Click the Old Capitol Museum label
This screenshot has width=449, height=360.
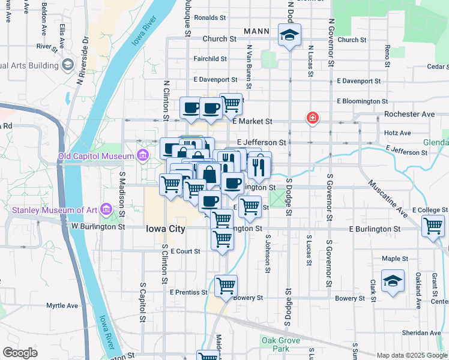pos(96,157)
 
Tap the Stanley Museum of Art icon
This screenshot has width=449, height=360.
pos(107,209)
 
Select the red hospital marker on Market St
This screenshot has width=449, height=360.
pos(312,118)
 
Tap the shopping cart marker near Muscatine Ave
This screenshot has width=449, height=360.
pos(433,226)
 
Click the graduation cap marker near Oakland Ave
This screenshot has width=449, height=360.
pos(393,281)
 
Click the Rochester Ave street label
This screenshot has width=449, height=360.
pos(409,114)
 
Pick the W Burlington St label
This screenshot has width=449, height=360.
pos(98,227)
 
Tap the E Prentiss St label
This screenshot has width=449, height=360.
pos(188,292)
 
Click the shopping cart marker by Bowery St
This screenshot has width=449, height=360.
pos(226,286)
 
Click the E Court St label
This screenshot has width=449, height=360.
pos(185,251)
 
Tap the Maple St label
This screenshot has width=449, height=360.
pos(395,259)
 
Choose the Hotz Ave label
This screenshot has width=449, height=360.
pos(397,133)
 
